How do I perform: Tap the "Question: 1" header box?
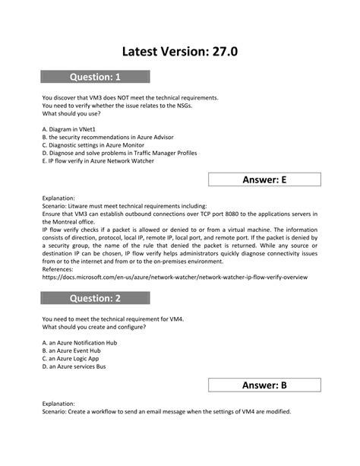click(x=96, y=76)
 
